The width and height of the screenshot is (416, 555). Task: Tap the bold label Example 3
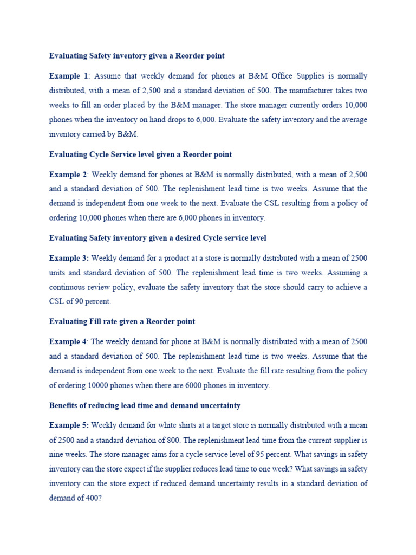[x=69, y=258]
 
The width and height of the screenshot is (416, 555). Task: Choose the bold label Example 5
[x=69, y=425]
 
